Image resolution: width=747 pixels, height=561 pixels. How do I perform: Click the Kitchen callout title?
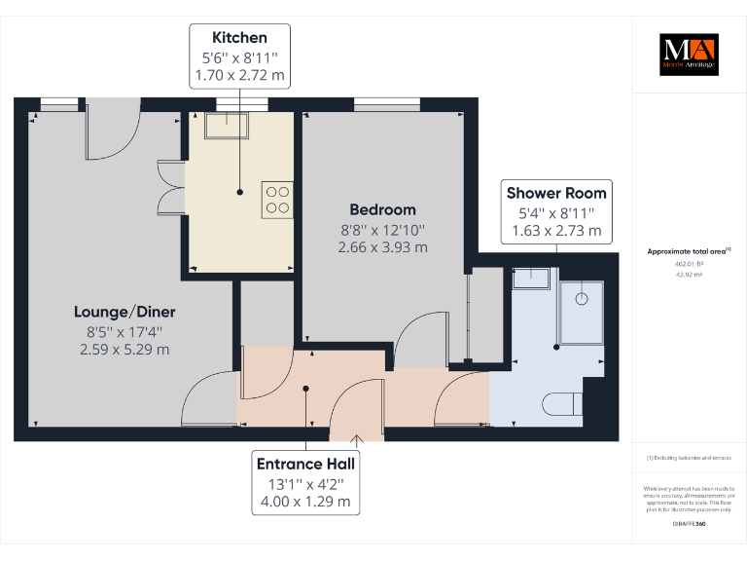point(238,39)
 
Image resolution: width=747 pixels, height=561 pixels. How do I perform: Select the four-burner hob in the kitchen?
point(277,199)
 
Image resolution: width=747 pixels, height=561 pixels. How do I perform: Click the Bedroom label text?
point(382,209)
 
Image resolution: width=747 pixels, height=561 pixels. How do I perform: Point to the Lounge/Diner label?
point(124,312)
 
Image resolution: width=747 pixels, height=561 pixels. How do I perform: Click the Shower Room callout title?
point(556,193)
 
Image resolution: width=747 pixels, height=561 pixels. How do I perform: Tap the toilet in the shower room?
point(563,402)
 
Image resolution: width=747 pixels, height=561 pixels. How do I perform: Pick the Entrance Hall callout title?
point(305,464)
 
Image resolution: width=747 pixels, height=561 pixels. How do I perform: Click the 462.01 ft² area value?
point(688,263)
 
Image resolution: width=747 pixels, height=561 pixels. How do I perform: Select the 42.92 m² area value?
point(688,275)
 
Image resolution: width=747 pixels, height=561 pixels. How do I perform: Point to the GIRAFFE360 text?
point(688,524)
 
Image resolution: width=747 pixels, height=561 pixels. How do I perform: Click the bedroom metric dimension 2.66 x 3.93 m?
point(382,247)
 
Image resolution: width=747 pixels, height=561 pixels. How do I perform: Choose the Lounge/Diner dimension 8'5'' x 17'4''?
point(124,331)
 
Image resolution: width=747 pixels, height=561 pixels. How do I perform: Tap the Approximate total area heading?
point(688,251)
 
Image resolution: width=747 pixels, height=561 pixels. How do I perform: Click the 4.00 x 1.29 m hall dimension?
point(305,503)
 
